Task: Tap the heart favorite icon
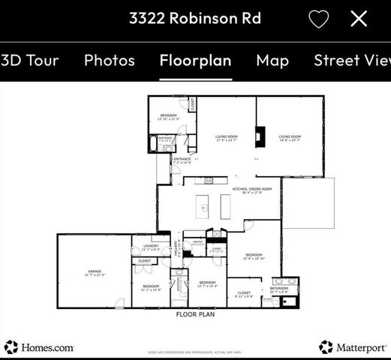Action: tap(319, 19)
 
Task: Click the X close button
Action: tap(359, 19)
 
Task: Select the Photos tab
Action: tap(109, 61)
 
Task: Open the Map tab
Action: tap(272, 61)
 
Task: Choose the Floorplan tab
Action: tap(195, 61)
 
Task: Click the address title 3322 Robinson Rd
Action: tap(195, 18)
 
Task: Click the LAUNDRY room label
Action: tap(151, 246)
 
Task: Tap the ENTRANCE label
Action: tap(182, 160)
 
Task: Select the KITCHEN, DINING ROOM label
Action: tap(252, 189)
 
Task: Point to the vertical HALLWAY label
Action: tap(178, 247)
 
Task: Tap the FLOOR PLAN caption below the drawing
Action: tap(196, 316)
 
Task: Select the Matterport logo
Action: tap(353, 346)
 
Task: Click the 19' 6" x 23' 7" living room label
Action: tap(290, 138)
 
